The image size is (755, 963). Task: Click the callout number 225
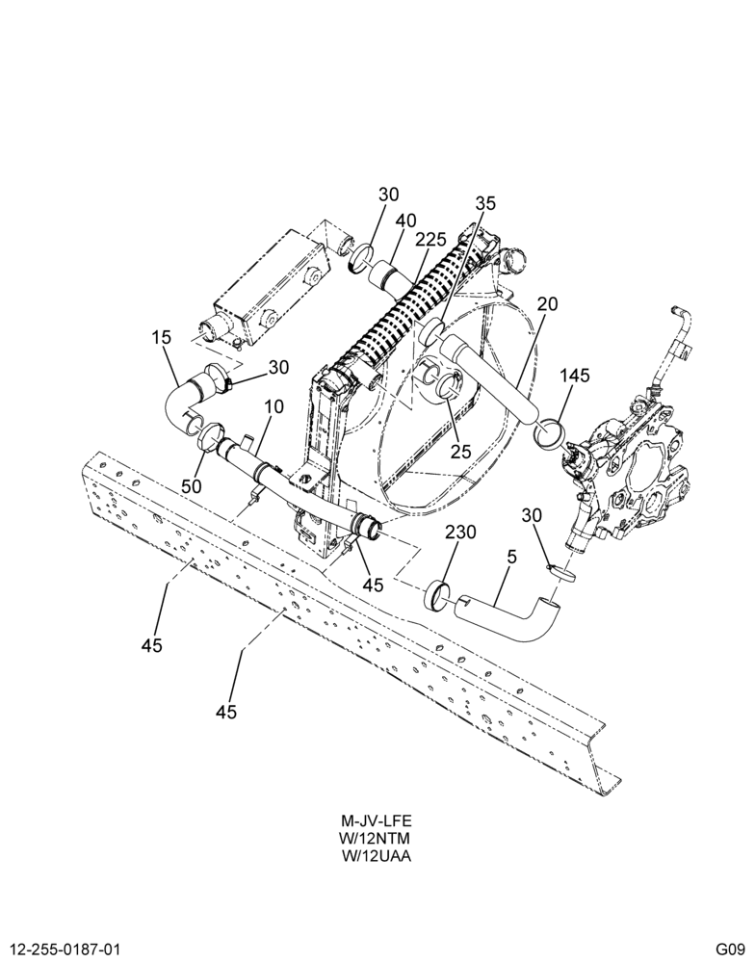[x=430, y=240]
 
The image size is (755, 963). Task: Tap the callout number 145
[x=574, y=376]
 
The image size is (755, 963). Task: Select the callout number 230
[x=460, y=532]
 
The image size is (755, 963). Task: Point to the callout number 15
[x=162, y=337]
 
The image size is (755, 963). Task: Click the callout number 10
[x=274, y=406]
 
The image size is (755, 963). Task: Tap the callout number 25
[x=460, y=452]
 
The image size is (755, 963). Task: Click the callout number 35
[x=484, y=203]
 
